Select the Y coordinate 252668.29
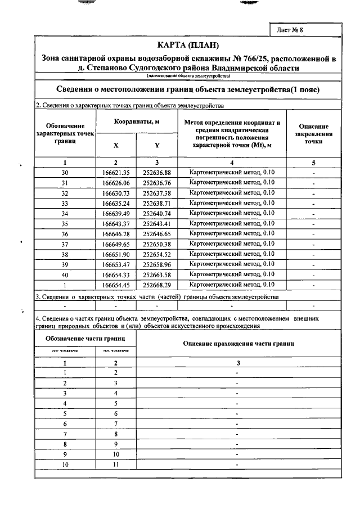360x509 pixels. pyautogui.click(x=156, y=285)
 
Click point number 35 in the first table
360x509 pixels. pyautogui.click(x=65, y=223)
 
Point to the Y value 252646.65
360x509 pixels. pyautogui.click(x=156, y=233)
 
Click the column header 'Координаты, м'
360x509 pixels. pyautogui.click(x=137, y=121)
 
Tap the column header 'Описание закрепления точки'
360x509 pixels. pyautogui.click(x=313, y=134)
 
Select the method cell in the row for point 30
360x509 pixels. pyautogui.click(x=232, y=172)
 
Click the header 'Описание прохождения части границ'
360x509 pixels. pyautogui.click(x=239, y=343)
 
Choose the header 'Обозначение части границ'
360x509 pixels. pyautogui.click(x=85, y=339)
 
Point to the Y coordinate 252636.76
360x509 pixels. pyautogui.click(x=156, y=183)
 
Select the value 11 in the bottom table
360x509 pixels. pyautogui.click(x=116, y=465)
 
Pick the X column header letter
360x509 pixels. pyautogui.click(x=116, y=145)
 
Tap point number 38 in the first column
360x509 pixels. pyautogui.click(x=65, y=254)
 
